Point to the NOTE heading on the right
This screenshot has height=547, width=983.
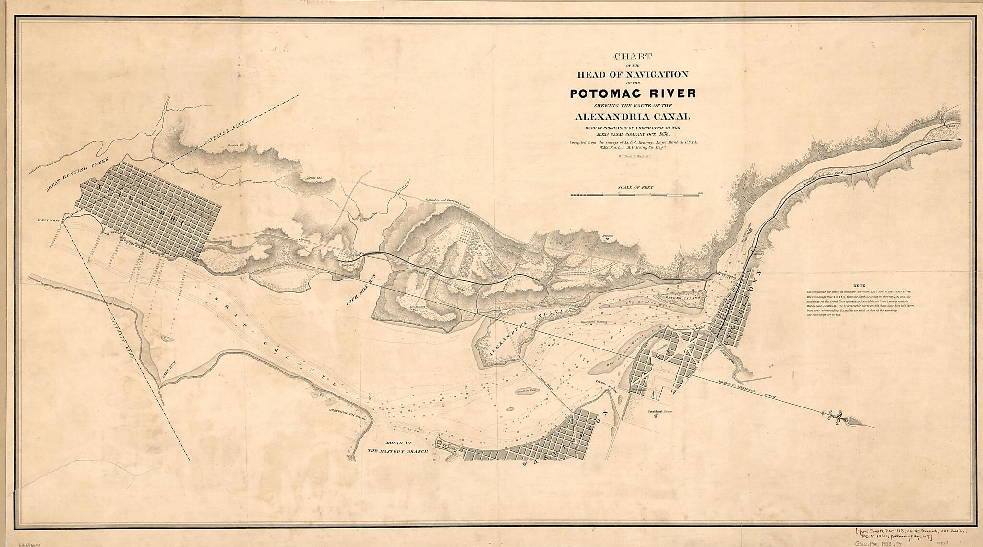pyautogui.click(x=860, y=285)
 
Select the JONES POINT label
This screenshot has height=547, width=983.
pyautogui.click(x=49, y=221)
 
